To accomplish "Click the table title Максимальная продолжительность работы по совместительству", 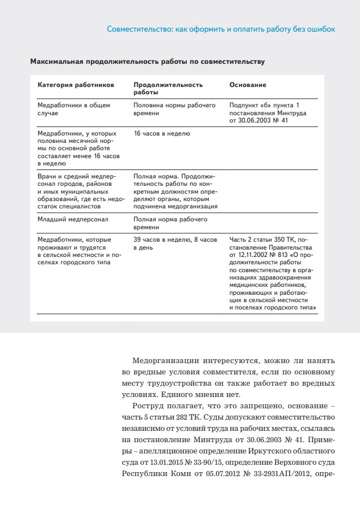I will click(x=147, y=60).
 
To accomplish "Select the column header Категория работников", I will click(x=76, y=85).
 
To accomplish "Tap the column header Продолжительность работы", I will click(x=168, y=88).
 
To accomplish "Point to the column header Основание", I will click(x=248, y=85).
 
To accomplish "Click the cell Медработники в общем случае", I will click(x=65, y=109).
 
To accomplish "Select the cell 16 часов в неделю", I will click(x=162, y=134).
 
